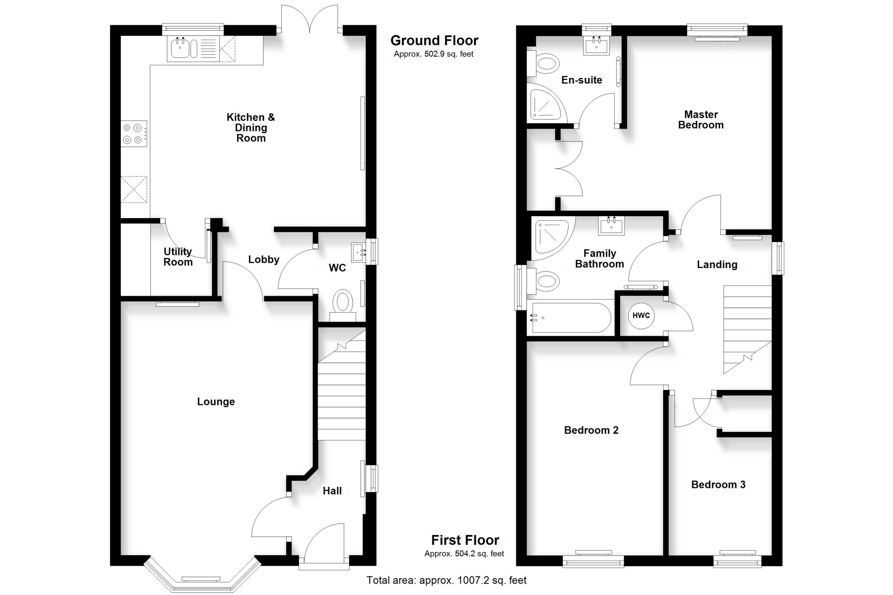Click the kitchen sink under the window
[193, 49]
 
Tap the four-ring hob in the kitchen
[134, 134]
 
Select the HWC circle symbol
[641, 315]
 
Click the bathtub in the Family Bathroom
[571, 318]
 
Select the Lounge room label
[216, 402]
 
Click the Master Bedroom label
[701, 120]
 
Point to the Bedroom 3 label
[718, 484]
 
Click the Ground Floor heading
[434, 40]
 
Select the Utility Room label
[178, 257]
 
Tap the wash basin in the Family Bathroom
[611, 226]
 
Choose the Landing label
[717, 264]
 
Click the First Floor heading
[465, 540]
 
